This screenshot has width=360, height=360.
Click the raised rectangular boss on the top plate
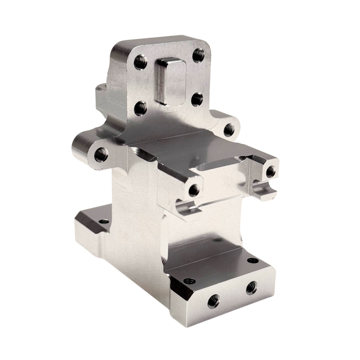click(x=172, y=82)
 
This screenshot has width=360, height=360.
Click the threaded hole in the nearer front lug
click(x=193, y=190)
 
